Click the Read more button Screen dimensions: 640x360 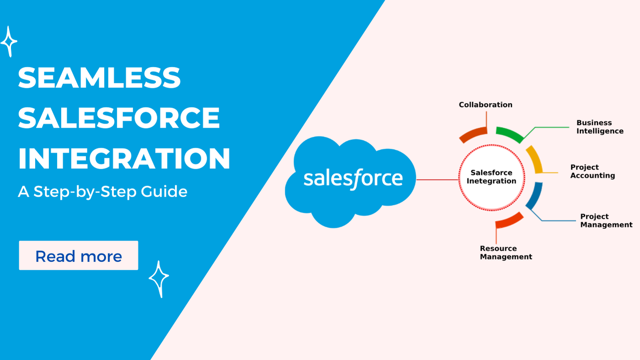click(79, 255)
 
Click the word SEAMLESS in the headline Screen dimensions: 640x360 click(99, 77)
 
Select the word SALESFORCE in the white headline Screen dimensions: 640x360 click(119, 118)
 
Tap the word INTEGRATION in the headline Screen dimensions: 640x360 click(124, 158)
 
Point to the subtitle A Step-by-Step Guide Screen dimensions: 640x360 click(102, 192)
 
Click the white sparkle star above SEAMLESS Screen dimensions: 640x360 click(9, 42)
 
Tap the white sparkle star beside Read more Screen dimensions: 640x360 click(159, 279)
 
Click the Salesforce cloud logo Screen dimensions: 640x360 click(350, 182)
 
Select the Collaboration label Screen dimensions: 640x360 click(485, 105)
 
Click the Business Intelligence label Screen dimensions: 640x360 click(600, 127)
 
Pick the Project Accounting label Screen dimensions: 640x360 click(592, 171)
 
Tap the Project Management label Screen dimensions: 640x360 click(606, 220)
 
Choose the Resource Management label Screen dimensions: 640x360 click(506, 253)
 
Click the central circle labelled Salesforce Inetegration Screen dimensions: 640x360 click(491, 177)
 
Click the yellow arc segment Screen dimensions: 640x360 click(535, 159)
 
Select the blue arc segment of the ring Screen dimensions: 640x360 click(535, 196)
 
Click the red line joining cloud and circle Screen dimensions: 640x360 click(437, 180)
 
